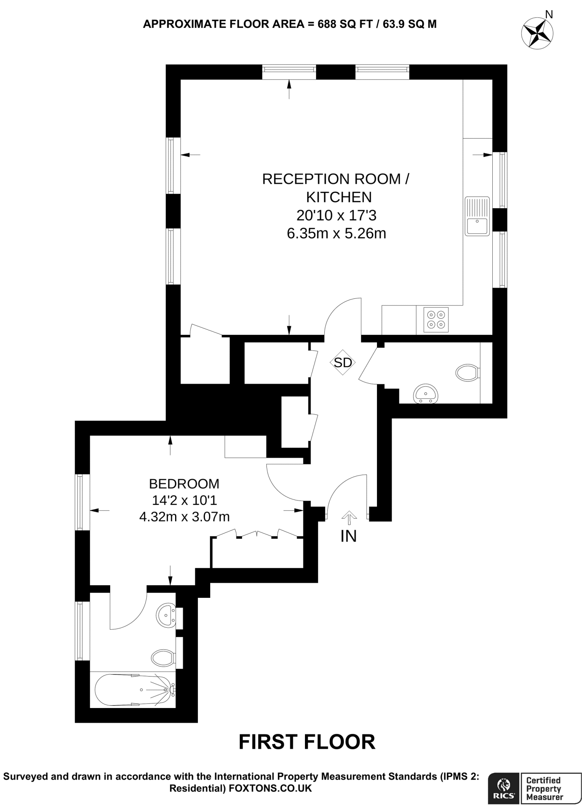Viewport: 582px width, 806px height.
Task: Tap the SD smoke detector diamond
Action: point(343,362)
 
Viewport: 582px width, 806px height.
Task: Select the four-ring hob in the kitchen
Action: point(436,320)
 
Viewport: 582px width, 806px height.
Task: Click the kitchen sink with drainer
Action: point(477,216)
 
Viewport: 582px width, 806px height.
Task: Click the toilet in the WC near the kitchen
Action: point(467,372)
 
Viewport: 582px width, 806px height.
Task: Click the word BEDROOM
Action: point(184,483)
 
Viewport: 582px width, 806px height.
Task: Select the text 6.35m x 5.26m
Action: point(336,234)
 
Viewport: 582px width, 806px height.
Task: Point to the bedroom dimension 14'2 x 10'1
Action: point(184,500)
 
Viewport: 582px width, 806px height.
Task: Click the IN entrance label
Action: point(348,536)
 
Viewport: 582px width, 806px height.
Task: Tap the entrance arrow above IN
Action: point(348,517)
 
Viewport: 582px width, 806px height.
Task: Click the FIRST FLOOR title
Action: point(307,742)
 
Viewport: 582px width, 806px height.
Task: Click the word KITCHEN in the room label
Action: point(339,197)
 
